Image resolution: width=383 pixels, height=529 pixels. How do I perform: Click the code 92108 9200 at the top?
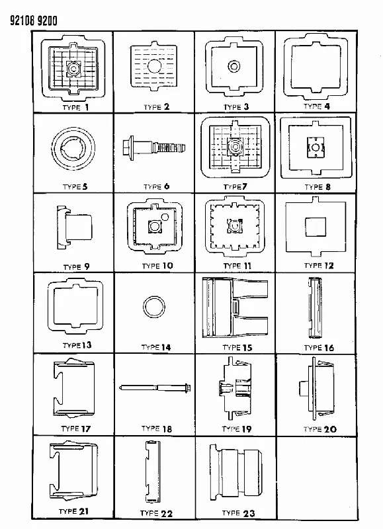[x=34, y=21]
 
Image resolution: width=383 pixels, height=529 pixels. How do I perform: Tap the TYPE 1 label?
[x=75, y=108]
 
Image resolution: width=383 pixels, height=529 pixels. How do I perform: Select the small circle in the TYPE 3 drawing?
[x=234, y=65]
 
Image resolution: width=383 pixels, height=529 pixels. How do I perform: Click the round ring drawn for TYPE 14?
[x=154, y=307]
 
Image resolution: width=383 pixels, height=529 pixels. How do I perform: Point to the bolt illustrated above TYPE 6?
[x=154, y=147]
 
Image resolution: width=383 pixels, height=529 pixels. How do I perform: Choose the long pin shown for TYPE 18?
[x=155, y=387]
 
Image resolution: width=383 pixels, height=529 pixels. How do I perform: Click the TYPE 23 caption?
[x=238, y=513]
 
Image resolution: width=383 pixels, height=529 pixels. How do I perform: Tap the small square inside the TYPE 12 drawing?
[x=316, y=227]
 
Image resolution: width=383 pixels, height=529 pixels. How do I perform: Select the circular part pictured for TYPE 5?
[x=73, y=148]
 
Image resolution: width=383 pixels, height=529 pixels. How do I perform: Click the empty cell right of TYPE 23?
[x=317, y=477]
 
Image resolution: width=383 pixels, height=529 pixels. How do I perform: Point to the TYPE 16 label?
[x=319, y=348]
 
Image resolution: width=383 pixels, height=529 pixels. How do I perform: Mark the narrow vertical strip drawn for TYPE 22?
[x=153, y=471]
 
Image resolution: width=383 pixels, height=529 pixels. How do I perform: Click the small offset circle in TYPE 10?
[x=165, y=218]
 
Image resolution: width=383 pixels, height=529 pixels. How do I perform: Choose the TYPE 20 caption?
[x=319, y=429]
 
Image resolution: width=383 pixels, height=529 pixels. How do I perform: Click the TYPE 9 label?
[x=77, y=267]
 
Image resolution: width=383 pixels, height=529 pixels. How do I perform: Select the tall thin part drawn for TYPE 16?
[x=315, y=307]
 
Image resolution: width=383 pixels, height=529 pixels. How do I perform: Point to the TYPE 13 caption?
[x=77, y=345]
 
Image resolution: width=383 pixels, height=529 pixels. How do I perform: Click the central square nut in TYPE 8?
[x=316, y=147]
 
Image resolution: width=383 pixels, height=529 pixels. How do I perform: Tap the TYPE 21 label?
[x=73, y=511]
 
